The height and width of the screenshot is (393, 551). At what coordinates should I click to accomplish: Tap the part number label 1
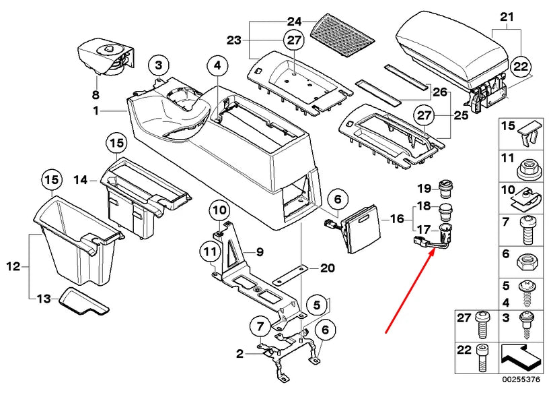[96, 110]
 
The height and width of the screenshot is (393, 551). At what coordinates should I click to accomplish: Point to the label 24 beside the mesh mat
[294, 21]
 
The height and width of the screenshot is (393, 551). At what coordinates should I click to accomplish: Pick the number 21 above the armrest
[507, 16]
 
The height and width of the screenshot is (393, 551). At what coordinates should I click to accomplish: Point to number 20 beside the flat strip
[327, 268]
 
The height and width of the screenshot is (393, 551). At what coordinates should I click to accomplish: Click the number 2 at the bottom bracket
[240, 353]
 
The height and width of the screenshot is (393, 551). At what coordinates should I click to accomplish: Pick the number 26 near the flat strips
[439, 92]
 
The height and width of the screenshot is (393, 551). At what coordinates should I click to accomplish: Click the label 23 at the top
[233, 40]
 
